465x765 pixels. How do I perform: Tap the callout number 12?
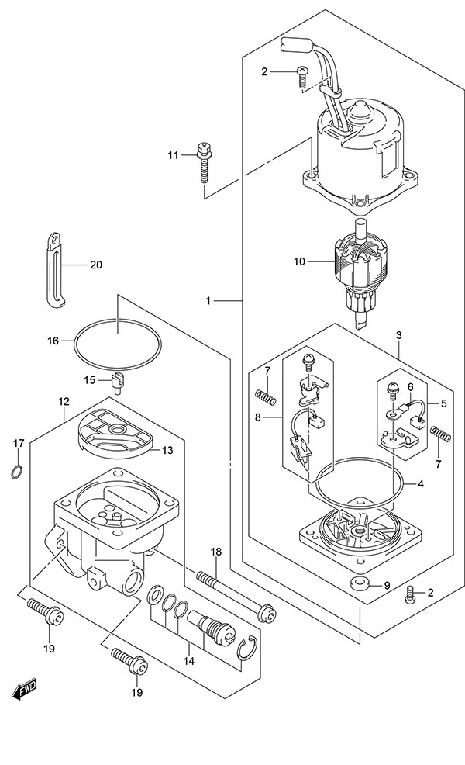63,402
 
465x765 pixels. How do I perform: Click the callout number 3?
398,334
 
